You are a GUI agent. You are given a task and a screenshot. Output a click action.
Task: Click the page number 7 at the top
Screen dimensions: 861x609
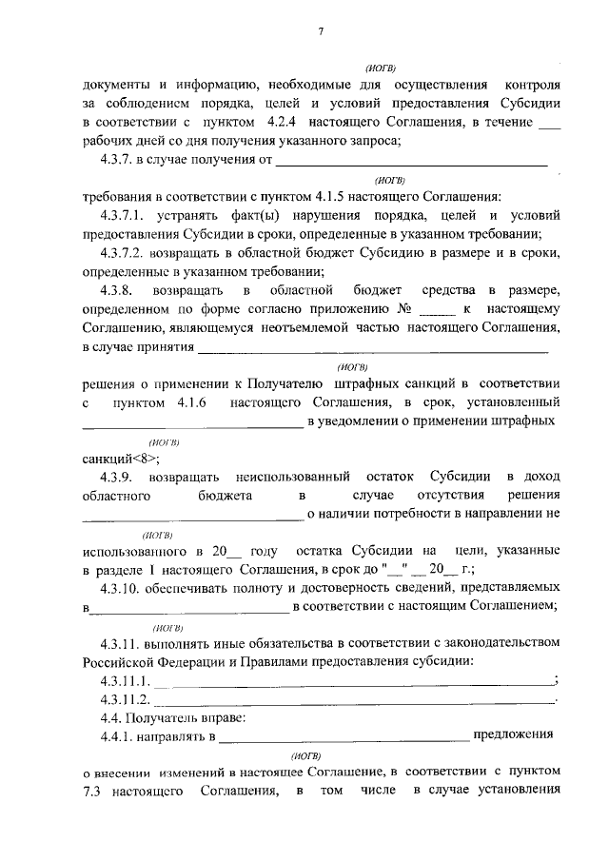click(321, 31)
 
